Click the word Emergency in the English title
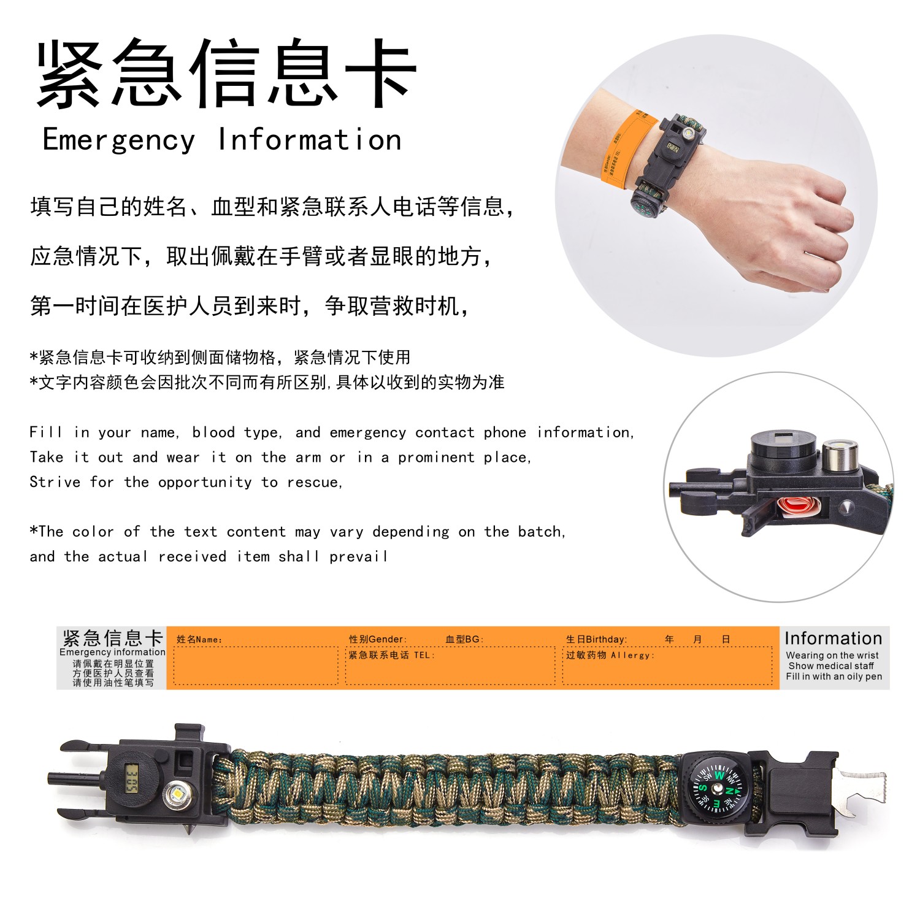point(118,140)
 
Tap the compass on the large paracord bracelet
point(717,789)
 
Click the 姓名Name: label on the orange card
point(199,640)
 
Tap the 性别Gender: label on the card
point(378,639)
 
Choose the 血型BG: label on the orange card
point(464,639)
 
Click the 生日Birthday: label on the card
point(596,639)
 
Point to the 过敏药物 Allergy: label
point(610,655)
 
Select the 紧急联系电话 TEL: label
point(391,655)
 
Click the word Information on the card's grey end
point(833,638)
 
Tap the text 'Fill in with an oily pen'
point(834,677)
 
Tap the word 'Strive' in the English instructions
point(55,482)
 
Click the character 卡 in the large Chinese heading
point(380,72)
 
